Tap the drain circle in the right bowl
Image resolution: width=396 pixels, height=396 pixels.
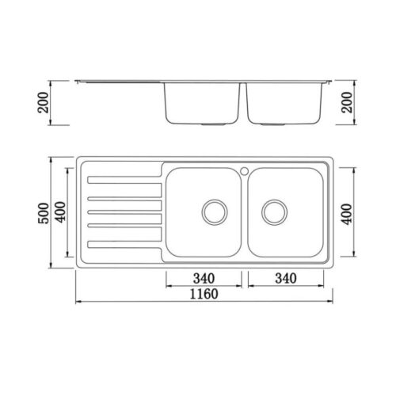tap(275, 211)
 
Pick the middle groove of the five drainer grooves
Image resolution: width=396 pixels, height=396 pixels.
tap(123, 211)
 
